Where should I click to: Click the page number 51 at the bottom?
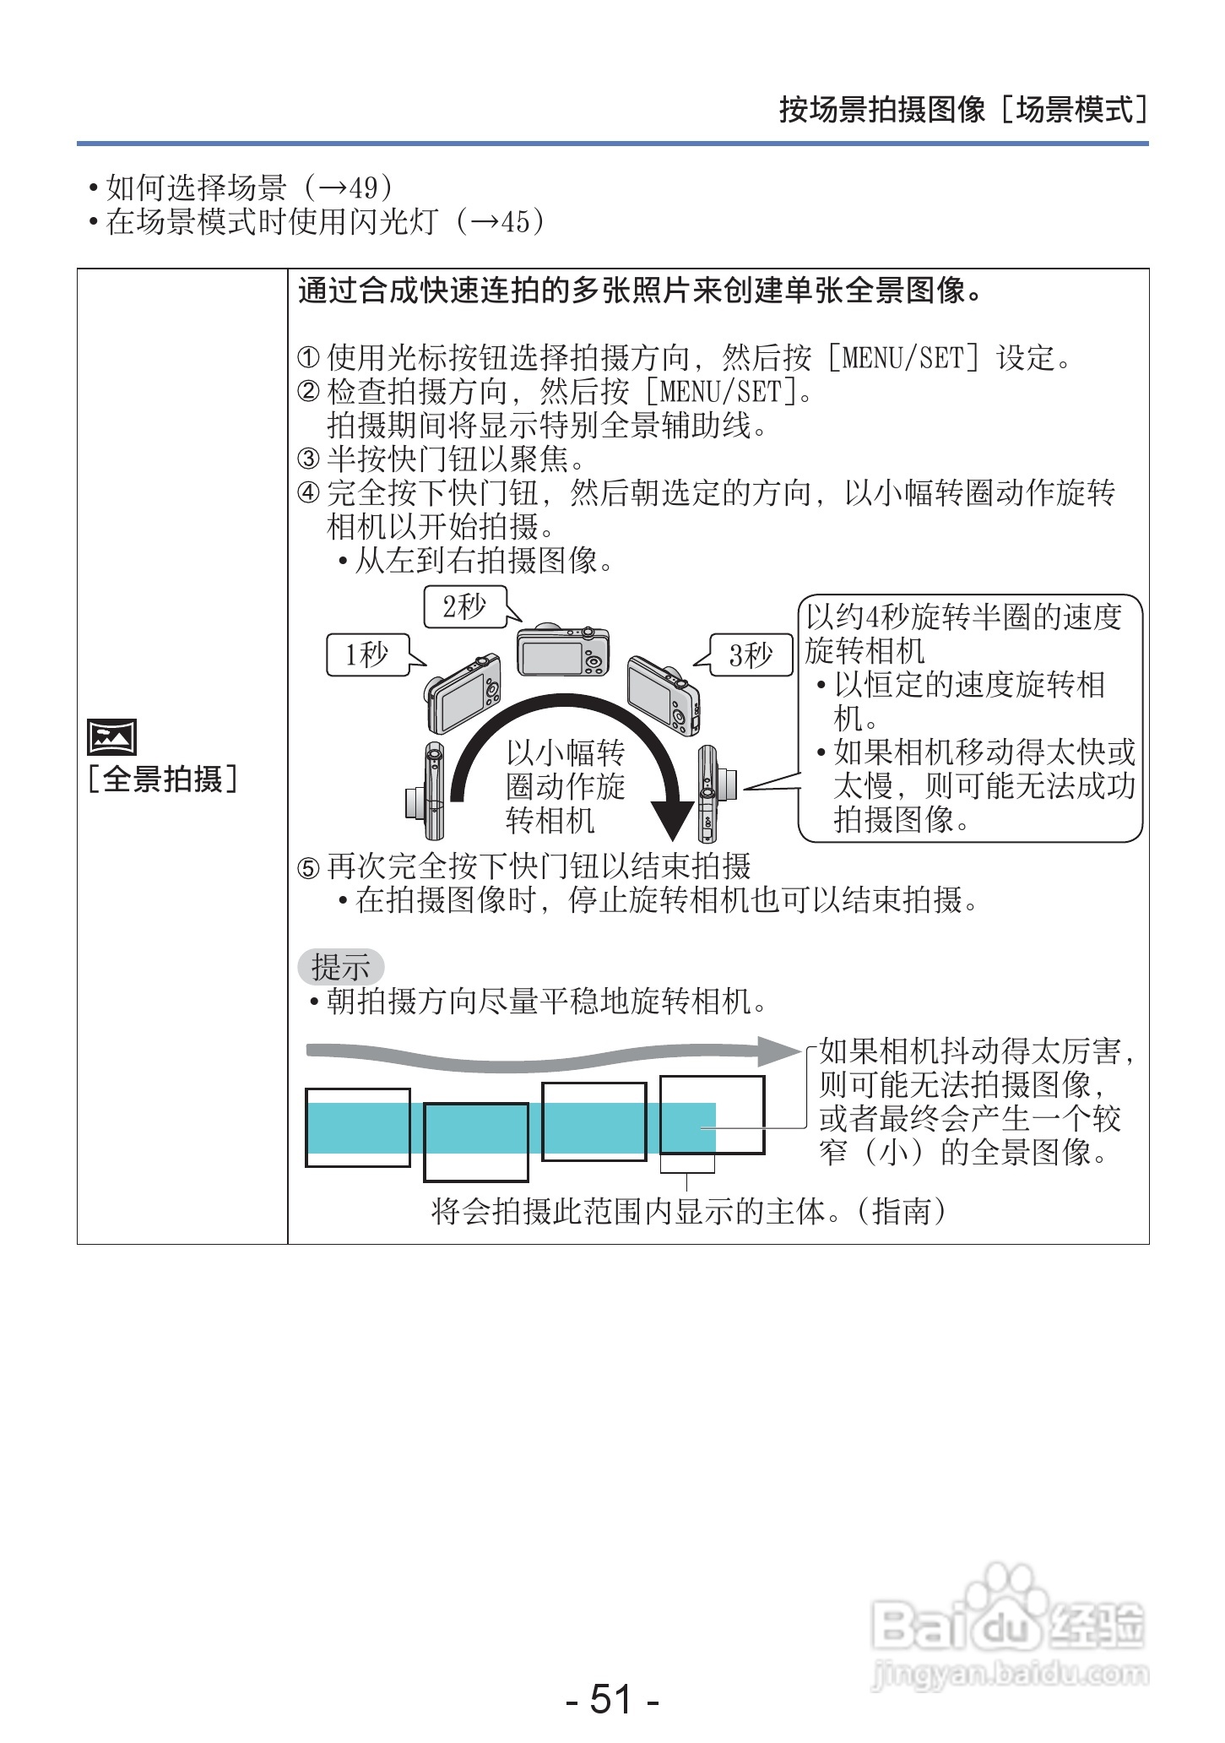coord(611,1698)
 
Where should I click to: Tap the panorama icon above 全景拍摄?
coord(111,737)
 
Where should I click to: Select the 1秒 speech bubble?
coord(368,654)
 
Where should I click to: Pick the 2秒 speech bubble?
coord(465,606)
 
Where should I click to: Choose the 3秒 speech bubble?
coord(751,654)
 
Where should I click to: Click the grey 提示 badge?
coord(340,967)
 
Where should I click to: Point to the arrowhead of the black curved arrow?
coord(673,823)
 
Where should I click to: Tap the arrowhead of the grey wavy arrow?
coord(778,1051)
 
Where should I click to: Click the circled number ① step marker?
coord(308,358)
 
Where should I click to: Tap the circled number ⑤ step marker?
coord(308,867)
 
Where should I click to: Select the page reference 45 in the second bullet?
coord(515,222)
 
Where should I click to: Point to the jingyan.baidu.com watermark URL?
coord(1010,1673)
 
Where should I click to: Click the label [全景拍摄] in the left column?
coord(162,779)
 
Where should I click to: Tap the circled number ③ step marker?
coord(308,459)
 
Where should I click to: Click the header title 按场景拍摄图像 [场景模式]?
coord(962,110)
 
